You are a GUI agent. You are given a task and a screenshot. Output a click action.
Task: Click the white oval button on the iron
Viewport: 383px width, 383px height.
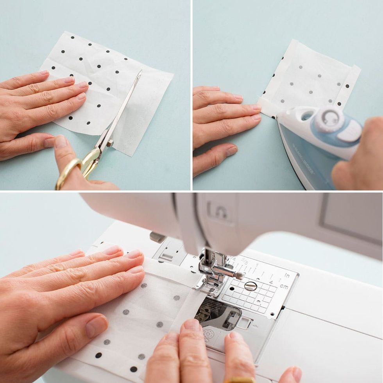point(350,131)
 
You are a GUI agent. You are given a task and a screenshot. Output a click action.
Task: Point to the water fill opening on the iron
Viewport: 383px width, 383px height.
point(307,116)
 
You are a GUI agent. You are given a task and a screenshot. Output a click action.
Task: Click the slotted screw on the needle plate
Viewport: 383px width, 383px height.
point(251,286)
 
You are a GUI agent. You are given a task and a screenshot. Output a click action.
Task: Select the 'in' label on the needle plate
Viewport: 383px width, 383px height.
point(286,276)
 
